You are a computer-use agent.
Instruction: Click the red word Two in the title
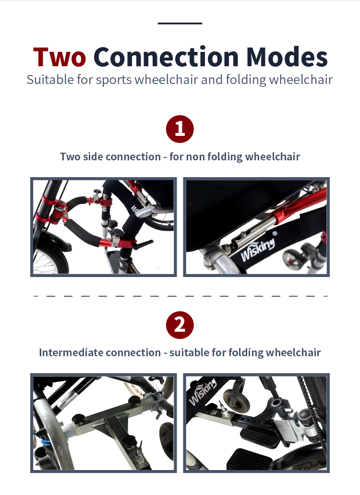tap(60, 57)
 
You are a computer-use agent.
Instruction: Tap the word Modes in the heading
tap(287, 57)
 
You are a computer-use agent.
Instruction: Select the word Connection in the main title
tap(166, 57)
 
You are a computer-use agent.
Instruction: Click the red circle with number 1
tap(180, 129)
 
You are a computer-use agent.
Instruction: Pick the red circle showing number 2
tap(180, 325)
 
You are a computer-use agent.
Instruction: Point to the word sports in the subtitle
tap(114, 80)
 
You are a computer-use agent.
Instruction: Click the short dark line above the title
tap(180, 24)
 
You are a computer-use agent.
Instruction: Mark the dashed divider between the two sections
tap(181, 296)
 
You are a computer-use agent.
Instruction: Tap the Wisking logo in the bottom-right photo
tap(203, 391)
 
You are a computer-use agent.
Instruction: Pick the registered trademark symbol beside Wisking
tap(275, 234)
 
